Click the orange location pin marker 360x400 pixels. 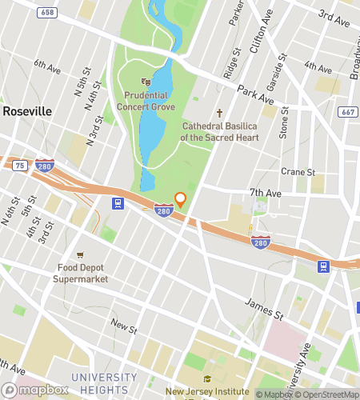(180, 199)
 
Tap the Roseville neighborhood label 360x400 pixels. (27, 110)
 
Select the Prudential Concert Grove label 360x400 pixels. (146, 100)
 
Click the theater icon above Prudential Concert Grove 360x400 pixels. (146, 81)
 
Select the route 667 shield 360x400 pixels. (346, 113)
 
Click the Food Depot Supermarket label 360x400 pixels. (80, 273)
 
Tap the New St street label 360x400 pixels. (124, 326)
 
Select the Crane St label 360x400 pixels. (298, 171)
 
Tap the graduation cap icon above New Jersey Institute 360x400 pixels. (207, 378)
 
